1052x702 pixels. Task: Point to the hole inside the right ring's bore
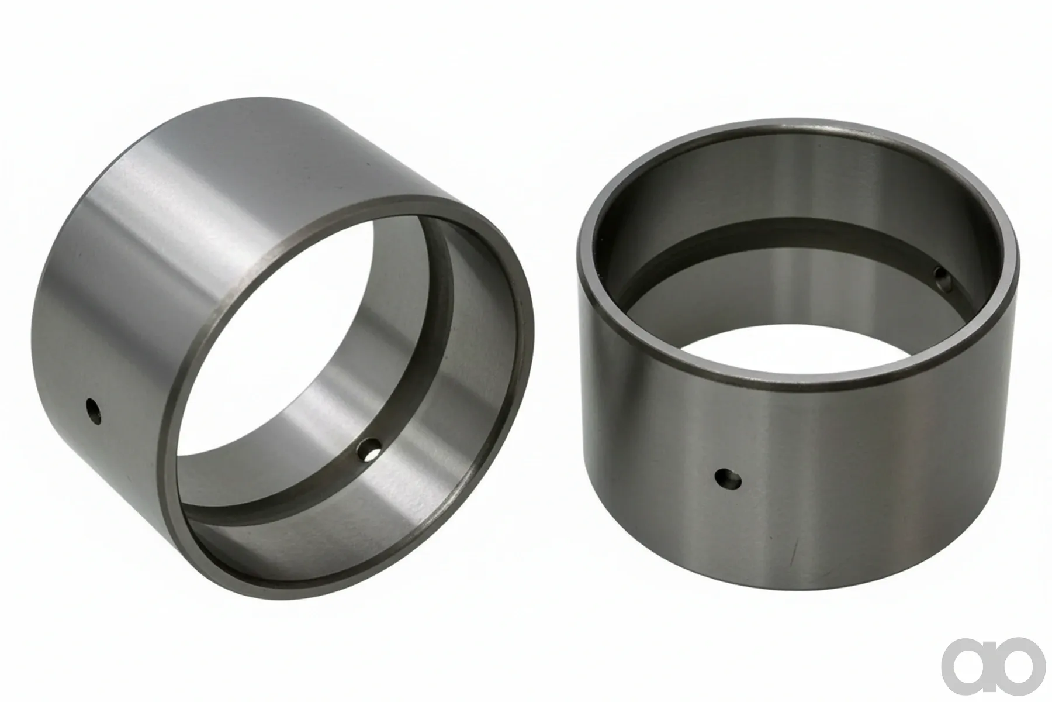942,276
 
